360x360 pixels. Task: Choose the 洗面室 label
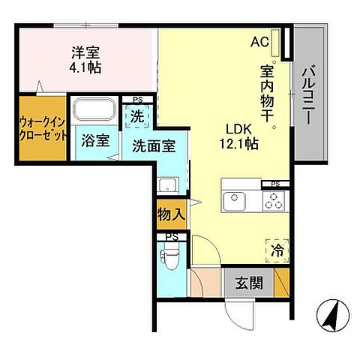tap(154, 146)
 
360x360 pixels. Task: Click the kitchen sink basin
tap(235, 199)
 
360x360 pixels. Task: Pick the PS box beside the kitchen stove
tap(275, 184)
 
